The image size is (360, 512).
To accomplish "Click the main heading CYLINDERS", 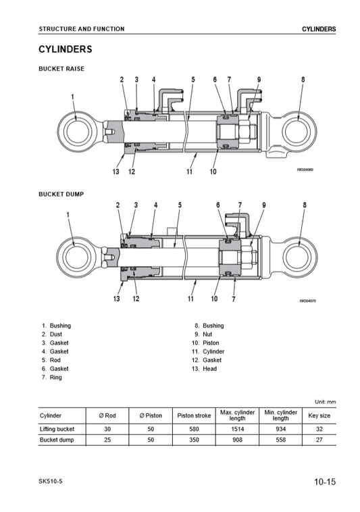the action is pyautogui.click(x=66, y=49).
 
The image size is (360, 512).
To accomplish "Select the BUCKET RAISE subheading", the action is pyautogui.click(x=61, y=69).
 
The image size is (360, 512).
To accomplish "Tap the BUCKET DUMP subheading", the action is pyautogui.click(x=61, y=195).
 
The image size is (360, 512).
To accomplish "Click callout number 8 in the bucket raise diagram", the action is pyautogui.click(x=303, y=79).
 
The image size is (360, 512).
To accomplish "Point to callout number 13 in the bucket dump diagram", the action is pyautogui.click(x=117, y=299).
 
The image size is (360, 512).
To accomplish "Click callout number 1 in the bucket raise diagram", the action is pyautogui.click(x=72, y=97).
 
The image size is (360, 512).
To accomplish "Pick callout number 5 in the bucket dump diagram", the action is pyautogui.click(x=180, y=205).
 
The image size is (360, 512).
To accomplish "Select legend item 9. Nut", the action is pyautogui.click(x=203, y=334).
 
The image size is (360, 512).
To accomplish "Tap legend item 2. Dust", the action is pyautogui.click(x=51, y=334).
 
